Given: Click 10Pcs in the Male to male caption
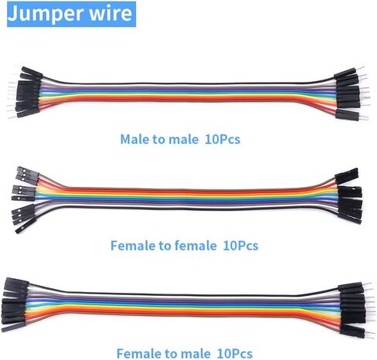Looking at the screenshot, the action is point(222,139).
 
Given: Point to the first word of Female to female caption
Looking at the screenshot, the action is point(133,246).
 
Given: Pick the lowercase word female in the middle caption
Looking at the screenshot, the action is point(195,246).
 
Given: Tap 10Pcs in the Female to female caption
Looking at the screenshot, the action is point(240,246).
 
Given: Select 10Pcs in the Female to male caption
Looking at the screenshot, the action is point(235,353).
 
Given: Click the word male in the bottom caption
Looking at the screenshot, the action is point(195,353).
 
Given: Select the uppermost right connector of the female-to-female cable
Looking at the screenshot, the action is point(346,176).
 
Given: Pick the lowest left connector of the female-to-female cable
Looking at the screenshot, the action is point(25,226).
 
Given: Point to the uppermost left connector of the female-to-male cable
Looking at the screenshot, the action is point(17,283).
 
